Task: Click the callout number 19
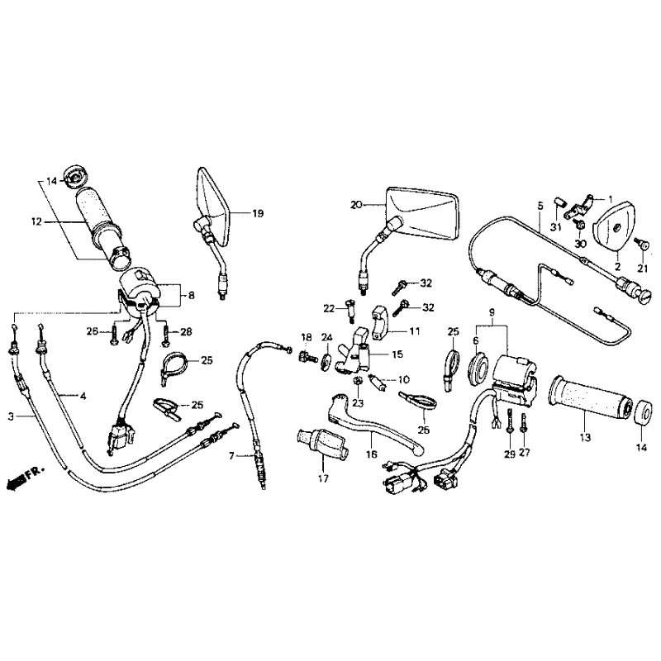click(258, 213)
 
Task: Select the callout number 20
click(356, 205)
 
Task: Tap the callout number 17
click(323, 479)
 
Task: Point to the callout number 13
click(586, 438)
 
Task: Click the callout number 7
click(231, 456)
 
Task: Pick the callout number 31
click(556, 228)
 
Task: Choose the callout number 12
click(36, 221)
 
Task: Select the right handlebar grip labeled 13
click(590, 396)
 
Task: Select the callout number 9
click(492, 313)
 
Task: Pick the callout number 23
click(358, 403)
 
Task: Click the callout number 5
click(540, 206)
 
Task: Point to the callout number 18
click(307, 337)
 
